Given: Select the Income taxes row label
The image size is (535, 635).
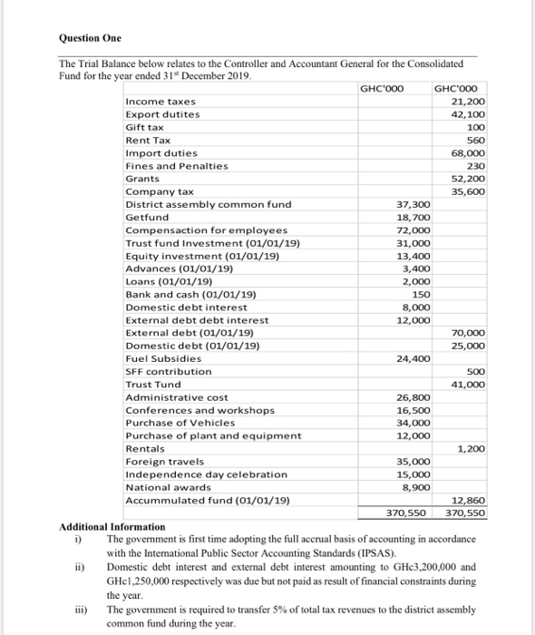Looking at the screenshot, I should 160,101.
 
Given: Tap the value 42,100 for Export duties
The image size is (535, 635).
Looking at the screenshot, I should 467,114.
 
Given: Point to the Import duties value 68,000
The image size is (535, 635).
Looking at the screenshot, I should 467,153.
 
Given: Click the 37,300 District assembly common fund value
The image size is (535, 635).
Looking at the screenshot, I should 413,205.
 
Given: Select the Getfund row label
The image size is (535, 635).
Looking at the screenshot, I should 146,218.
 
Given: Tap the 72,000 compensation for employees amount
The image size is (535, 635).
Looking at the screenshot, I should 413,230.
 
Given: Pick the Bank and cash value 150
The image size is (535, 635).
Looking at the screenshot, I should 421,295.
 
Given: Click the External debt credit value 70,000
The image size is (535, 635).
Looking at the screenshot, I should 467,333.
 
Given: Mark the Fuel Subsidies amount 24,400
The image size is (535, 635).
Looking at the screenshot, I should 413,358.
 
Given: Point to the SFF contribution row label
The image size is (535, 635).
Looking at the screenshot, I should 168,371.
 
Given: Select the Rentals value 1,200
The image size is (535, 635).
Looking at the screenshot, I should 471,448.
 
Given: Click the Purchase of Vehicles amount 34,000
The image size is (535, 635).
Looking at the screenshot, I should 413,423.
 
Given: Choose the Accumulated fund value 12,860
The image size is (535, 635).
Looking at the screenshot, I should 467,500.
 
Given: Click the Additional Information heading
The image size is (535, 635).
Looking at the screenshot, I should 112,526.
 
